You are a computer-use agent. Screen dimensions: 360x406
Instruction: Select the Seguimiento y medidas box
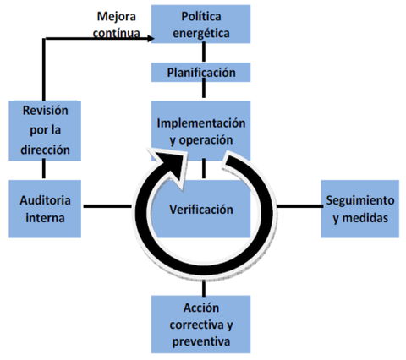[359, 208]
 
